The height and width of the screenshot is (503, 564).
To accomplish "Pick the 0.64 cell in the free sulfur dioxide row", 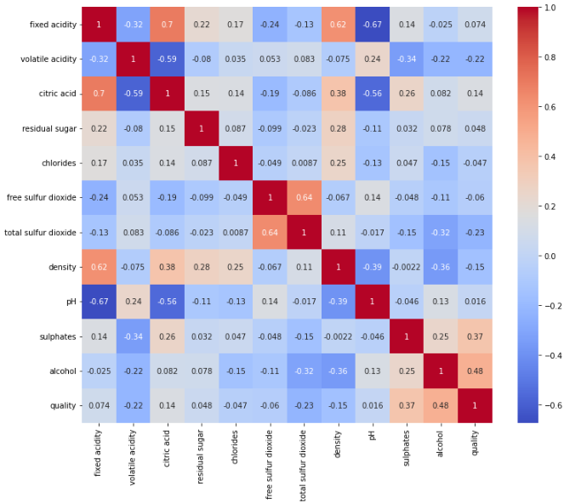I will pos(305,197).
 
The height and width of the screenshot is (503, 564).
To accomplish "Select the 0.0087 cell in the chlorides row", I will pos(305,162).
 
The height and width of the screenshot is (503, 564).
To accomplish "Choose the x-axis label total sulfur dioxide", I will pos(305,463).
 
